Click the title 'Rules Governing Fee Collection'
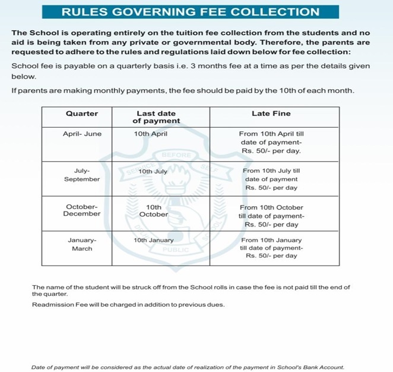pos(191,12)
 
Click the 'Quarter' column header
pos(81,114)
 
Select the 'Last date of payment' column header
pos(156,117)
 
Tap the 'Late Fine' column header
pos(271,114)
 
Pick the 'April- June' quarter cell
pos(82,134)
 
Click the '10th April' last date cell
pos(151,134)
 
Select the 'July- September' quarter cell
pos(82,175)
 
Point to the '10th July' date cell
pos(153,171)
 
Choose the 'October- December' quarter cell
pos(82,210)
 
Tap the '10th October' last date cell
pos(154,211)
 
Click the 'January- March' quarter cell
pos(82,244)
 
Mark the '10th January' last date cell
pos(154,240)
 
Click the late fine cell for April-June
pos(271,143)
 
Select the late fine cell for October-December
pos(271,216)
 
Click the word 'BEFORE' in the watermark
pos(176,155)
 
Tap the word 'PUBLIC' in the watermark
pos(176,250)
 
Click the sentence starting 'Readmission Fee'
pos(128,304)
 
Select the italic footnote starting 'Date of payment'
pos(187,367)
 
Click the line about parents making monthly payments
pos(183,91)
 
